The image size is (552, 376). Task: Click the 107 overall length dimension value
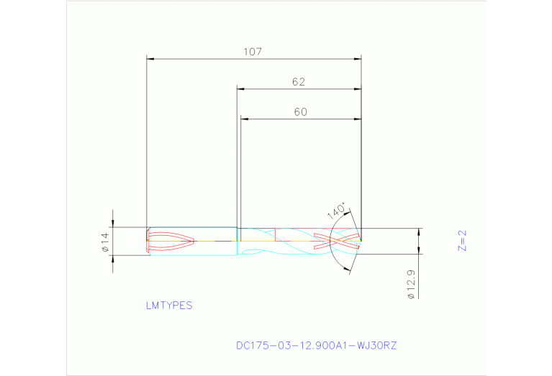click(252, 52)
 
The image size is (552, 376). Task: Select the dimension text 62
click(299, 82)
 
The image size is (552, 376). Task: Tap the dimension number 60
click(300, 111)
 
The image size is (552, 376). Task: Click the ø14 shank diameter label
click(104, 242)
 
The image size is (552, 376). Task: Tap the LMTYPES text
click(169, 305)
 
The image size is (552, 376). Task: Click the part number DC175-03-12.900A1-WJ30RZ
click(316, 345)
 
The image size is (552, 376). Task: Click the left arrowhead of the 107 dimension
click(150, 58)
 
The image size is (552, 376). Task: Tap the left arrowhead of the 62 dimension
click(242, 89)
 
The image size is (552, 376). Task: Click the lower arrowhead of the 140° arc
click(349, 270)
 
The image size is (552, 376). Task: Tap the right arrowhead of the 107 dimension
click(357, 58)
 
